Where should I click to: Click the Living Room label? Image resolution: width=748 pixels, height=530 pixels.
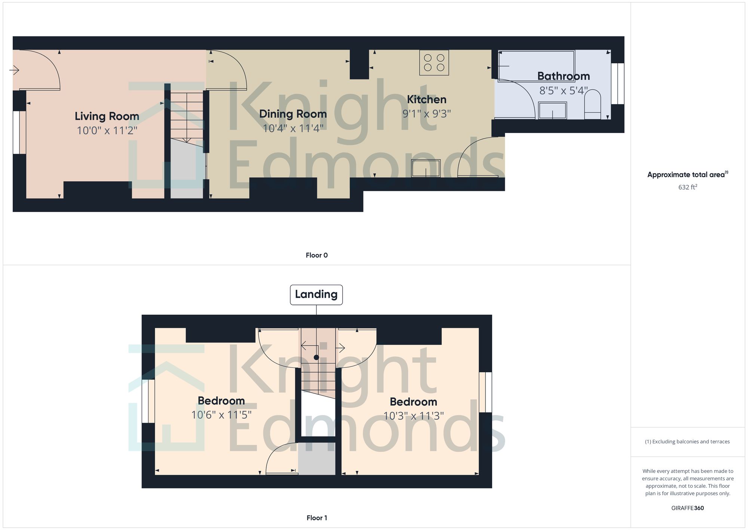pyautogui.click(x=107, y=116)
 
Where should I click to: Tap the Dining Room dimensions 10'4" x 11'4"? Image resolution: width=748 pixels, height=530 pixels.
pyautogui.click(x=293, y=128)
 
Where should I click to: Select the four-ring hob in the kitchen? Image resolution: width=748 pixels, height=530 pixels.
pyautogui.click(x=434, y=63)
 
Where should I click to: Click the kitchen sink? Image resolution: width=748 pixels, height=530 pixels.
pyautogui.click(x=426, y=168)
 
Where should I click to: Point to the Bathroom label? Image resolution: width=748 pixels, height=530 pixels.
pyautogui.click(x=564, y=76)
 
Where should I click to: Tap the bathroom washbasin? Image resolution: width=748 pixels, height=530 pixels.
pyautogui.click(x=552, y=110)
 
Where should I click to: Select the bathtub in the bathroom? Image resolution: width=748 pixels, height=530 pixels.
pyautogui.click(x=536, y=66)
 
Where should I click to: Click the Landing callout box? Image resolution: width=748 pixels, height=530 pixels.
pyautogui.click(x=316, y=294)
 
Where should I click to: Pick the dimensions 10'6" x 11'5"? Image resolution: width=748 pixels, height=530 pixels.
pyautogui.click(x=221, y=415)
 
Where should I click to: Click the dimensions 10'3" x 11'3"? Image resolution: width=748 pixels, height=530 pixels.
pyautogui.click(x=414, y=416)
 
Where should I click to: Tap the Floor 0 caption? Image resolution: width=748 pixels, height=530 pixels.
pyautogui.click(x=317, y=255)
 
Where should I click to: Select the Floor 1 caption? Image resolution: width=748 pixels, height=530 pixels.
pyautogui.click(x=317, y=518)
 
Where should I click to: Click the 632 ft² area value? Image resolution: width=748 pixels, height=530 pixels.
pyautogui.click(x=687, y=187)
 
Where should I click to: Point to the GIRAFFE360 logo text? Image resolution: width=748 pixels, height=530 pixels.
pyautogui.click(x=687, y=508)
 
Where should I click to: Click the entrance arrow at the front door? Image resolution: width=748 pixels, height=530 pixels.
pyautogui.click(x=15, y=70)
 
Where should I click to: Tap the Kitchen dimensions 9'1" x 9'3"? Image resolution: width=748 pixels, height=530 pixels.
pyautogui.click(x=427, y=114)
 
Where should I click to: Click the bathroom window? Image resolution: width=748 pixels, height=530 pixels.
pyautogui.click(x=617, y=84)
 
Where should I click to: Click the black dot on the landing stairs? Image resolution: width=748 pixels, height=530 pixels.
pyautogui.click(x=316, y=357)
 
